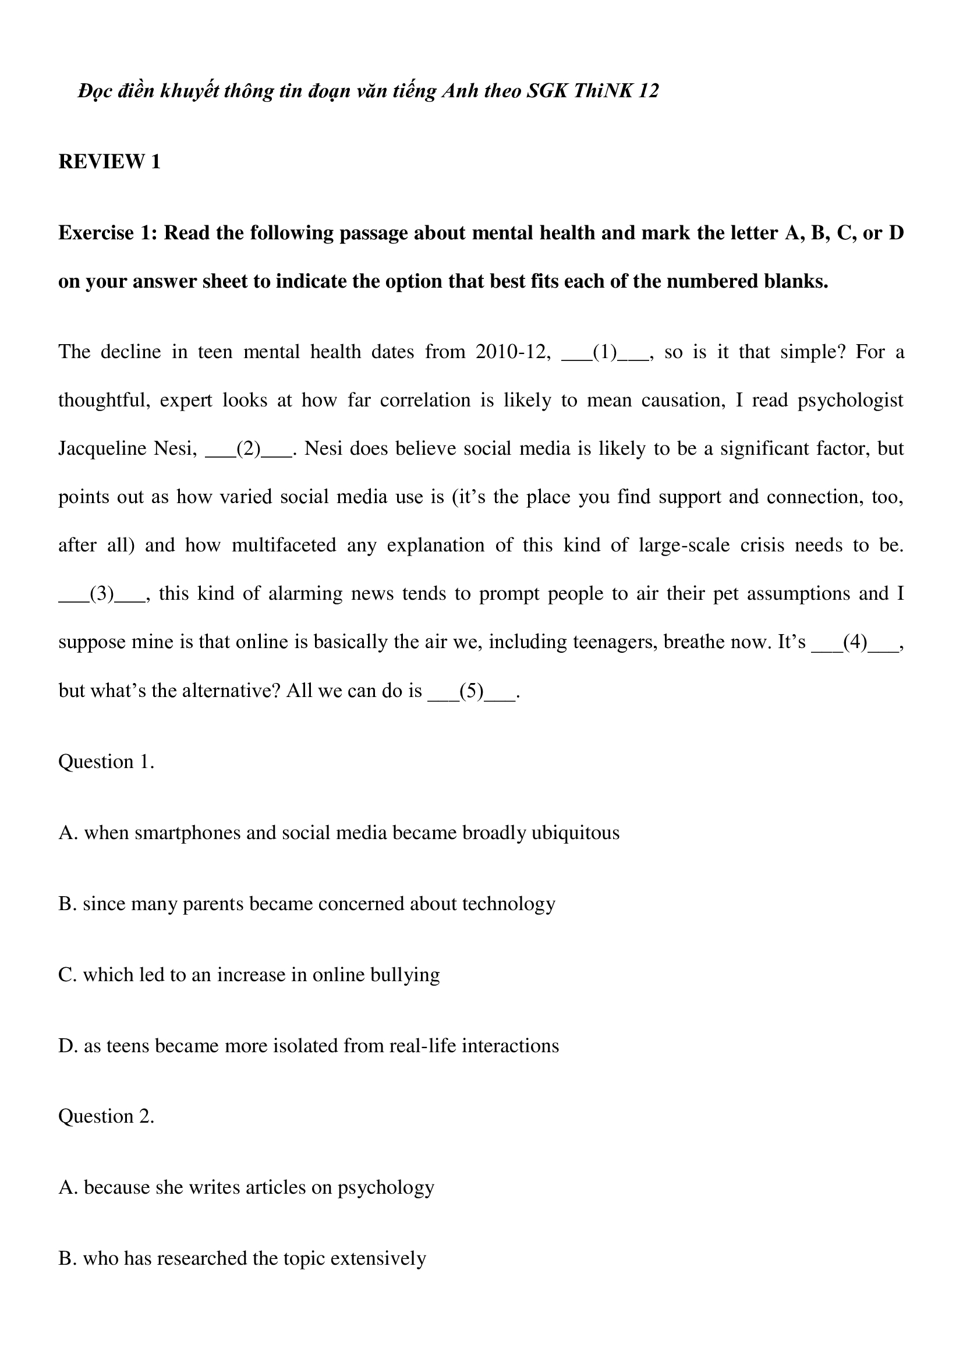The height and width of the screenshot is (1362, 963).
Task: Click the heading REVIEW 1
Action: (x=109, y=162)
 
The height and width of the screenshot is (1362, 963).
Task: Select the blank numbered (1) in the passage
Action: (x=605, y=352)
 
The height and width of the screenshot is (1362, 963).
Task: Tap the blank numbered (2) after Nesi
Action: (x=249, y=448)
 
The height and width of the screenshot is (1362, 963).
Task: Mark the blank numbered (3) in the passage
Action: (x=101, y=594)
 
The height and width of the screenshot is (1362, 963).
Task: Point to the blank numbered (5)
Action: (x=472, y=691)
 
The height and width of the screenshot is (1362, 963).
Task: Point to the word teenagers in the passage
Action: (x=614, y=642)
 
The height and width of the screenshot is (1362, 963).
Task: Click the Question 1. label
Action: (x=106, y=762)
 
